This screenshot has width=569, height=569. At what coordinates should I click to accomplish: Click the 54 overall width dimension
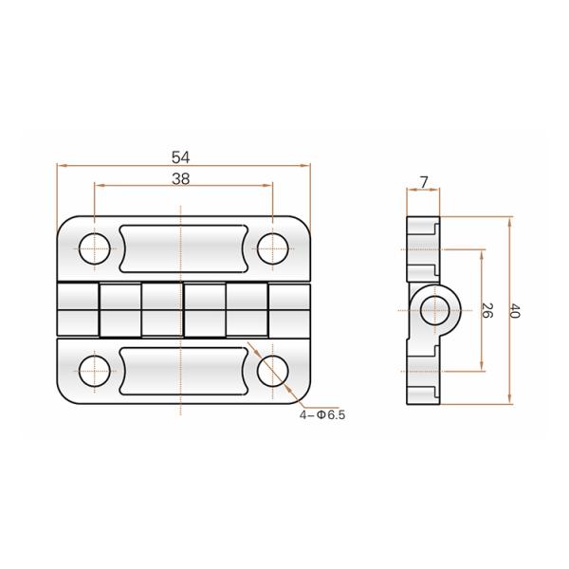pos(181,157)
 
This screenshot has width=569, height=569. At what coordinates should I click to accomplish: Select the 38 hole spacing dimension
pos(181,178)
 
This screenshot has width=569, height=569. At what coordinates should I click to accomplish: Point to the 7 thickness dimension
pos(423,181)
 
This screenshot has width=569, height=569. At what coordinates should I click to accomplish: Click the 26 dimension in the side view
pos(487,310)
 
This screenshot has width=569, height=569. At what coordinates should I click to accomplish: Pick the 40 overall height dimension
pos(515,310)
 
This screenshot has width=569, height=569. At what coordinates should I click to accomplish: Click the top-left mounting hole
pos(93,248)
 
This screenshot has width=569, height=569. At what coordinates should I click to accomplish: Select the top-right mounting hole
pos(272,248)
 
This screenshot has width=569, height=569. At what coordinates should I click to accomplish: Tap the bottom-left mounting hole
pos(93,372)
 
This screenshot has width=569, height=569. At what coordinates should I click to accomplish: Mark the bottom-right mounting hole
pos(272,372)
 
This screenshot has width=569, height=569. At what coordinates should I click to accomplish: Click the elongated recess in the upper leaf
pos(183,248)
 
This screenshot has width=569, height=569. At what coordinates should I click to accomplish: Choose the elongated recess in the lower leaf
pos(183,371)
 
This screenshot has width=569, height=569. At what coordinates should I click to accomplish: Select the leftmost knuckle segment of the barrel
pos(77,309)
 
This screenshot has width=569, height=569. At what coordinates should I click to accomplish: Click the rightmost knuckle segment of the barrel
pos(288,309)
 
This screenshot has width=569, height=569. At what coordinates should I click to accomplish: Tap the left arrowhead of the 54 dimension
pos(62,166)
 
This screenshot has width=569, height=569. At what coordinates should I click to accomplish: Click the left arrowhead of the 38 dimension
pos(97,187)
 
